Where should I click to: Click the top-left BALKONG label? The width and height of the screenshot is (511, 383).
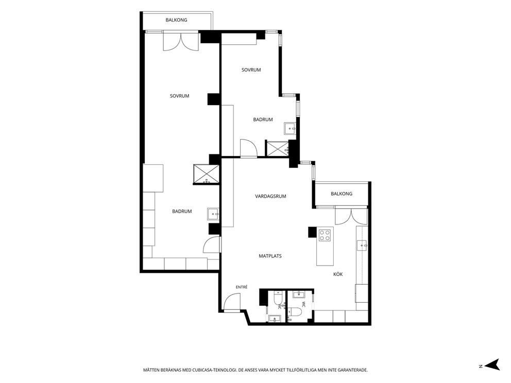click(x=176, y=20)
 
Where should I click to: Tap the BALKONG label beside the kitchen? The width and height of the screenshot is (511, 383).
click(x=342, y=194)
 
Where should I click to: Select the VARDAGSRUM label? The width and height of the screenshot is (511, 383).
click(x=270, y=196)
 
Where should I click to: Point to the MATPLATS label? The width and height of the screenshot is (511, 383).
click(x=270, y=256)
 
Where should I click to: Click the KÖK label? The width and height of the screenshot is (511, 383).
click(x=338, y=274)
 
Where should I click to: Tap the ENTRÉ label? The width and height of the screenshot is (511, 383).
click(x=242, y=287)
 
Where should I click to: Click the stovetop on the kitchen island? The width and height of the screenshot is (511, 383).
click(x=325, y=235)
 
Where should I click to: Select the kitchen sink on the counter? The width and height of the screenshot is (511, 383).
click(x=362, y=245)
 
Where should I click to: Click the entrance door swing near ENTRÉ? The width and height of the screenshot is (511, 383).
click(x=232, y=301)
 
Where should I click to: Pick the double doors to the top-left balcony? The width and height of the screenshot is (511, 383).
click(x=180, y=41)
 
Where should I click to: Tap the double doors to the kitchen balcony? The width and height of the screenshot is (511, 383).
click(x=351, y=216)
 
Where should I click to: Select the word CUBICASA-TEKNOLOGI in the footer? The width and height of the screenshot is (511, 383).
click(x=212, y=370)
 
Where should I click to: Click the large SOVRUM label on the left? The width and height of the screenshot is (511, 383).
click(x=180, y=96)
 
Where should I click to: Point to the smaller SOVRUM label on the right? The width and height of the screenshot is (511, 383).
click(x=251, y=70)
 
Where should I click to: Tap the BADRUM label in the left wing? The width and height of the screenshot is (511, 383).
click(x=182, y=212)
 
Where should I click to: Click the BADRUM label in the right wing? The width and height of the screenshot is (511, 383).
click(x=263, y=119)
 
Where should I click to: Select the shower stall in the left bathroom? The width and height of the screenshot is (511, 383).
click(x=206, y=174)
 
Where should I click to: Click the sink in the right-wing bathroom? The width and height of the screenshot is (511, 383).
click(x=289, y=128)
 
